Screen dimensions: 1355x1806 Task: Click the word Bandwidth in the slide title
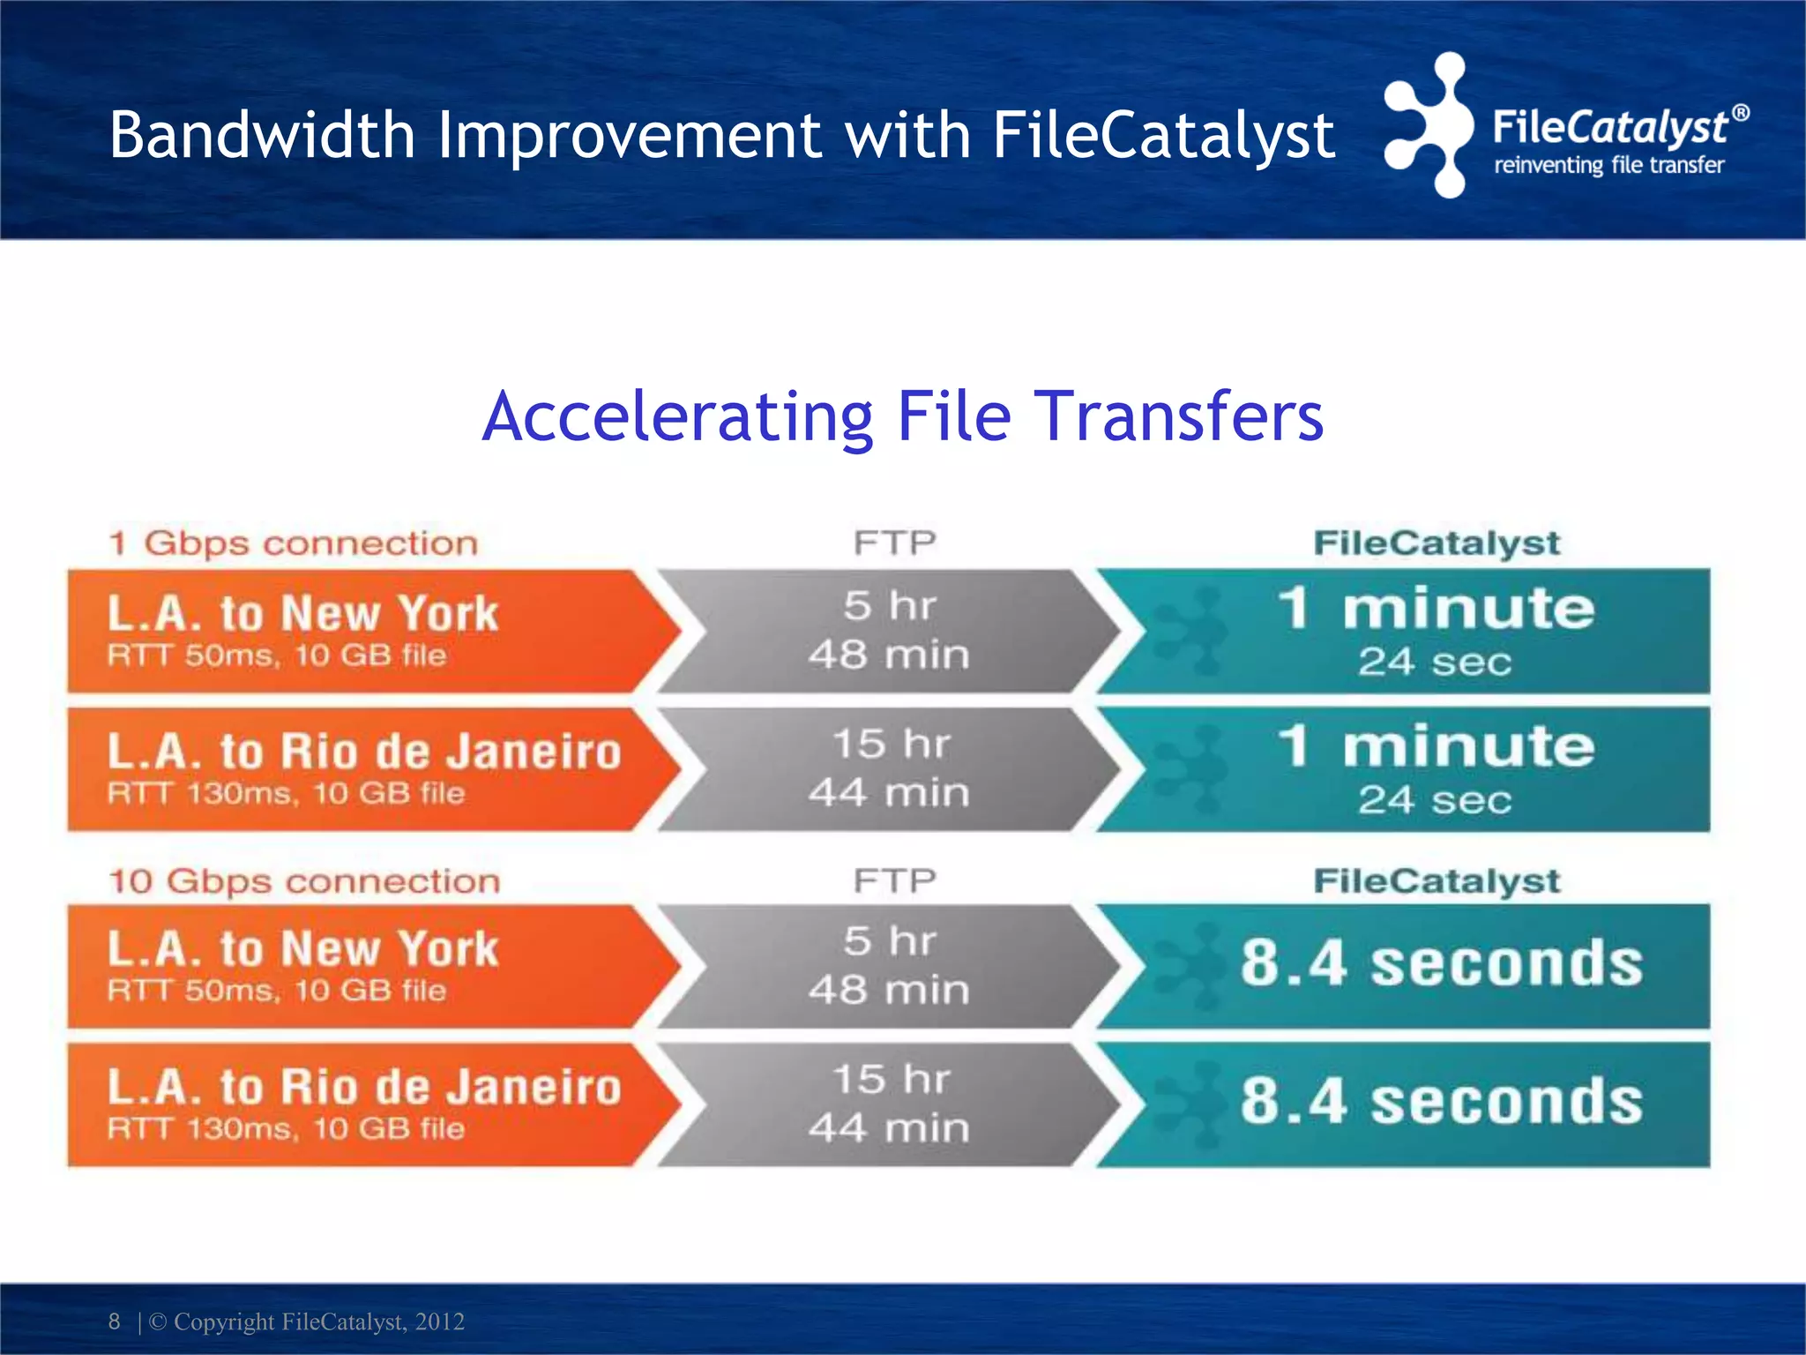point(262,136)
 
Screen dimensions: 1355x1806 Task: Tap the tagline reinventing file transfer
point(1608,165)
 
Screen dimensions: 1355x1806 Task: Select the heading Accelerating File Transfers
point(903,416)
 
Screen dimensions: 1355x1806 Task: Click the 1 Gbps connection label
point(293,543)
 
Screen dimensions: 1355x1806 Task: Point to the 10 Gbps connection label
point(304,881)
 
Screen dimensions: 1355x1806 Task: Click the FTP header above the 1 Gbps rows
point(894,543)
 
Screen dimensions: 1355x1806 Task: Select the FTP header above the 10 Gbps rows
point(894,880)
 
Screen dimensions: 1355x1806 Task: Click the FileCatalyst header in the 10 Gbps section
point(1437,880)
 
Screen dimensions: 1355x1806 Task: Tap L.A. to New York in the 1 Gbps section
point(302,613)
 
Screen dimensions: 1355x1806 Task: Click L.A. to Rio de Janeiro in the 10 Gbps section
point(364,1087)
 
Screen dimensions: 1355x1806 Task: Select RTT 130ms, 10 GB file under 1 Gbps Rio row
point(286,793)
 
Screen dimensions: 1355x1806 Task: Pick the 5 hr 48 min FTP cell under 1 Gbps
point(889,631)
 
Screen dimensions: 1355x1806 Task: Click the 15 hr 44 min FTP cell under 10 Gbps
point(889,1104)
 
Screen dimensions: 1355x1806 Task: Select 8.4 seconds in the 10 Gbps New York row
point(1441,963)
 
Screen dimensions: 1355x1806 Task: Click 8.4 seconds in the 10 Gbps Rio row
point(1441,1102)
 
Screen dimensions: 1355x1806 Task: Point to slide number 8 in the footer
point(114,1321)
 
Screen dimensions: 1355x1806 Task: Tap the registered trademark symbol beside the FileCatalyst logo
point(1740,113)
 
